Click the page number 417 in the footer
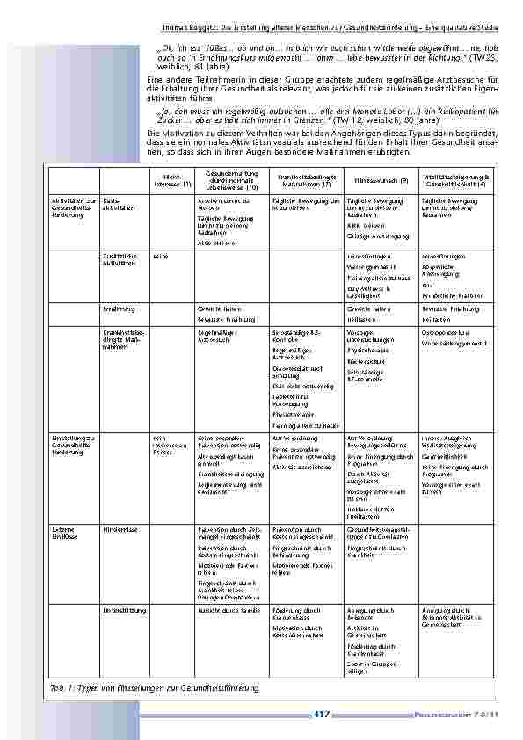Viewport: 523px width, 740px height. pyautogui.click(x=321, y=715)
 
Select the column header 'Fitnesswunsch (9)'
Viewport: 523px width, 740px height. pyautogui.click(x=374, y=180)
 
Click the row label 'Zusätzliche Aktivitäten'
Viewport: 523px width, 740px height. pyautogui.click(x=120, y=258)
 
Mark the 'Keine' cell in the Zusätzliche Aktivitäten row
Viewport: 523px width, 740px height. pyautogui.click(x=160, y=256)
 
